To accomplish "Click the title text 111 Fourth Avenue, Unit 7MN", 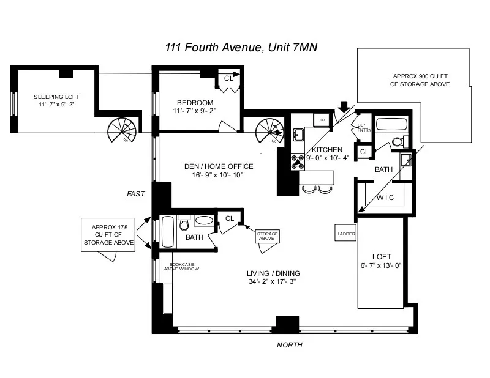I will [244, 48].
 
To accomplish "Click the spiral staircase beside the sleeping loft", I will [120, 129].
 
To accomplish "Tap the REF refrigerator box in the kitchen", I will [322, 120].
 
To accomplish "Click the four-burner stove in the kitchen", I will [298, 161].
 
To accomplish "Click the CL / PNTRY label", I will [358, 127].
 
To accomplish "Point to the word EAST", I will [135, 194].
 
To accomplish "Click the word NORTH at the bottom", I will [290, 345].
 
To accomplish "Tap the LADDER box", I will [344, 233].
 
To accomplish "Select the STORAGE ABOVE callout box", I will [266, 235].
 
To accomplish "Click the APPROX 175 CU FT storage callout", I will [108, 234].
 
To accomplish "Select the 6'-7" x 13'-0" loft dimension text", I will [381, 265].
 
